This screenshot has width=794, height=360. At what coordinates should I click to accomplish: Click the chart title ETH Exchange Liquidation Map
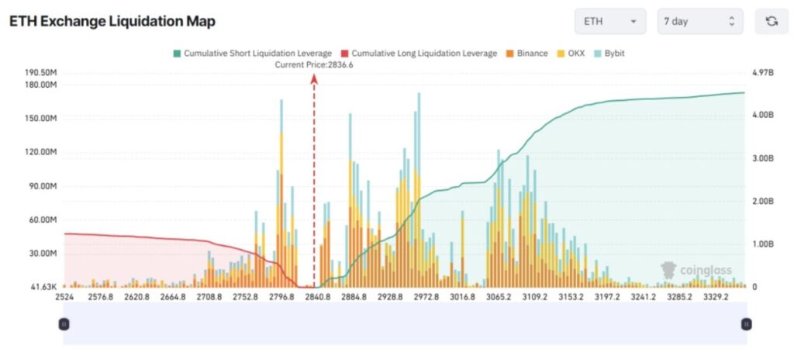(x=112, y=22)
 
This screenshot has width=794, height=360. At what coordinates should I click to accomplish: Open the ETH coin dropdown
(x=609, y=22)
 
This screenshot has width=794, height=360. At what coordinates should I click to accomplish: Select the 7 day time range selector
(x=699, y=22)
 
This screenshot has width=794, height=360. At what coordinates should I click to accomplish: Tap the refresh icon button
(x=771, y=22)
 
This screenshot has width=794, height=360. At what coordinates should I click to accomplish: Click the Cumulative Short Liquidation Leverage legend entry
(x=251, y=53)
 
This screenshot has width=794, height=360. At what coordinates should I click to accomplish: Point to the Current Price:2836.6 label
(x=314, y=64)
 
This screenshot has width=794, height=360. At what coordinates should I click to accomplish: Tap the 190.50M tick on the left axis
(x=41, y=72)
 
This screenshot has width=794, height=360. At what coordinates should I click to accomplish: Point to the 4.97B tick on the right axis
(x=764, y=72)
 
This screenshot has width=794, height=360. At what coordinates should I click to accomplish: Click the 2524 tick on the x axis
(x=64, y=296)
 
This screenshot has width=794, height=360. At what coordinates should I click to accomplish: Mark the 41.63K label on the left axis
(x=46, y=287)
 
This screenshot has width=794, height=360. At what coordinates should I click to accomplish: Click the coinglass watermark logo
(x=696, y=270)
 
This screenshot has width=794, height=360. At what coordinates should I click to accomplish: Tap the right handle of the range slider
(x=746, y=324)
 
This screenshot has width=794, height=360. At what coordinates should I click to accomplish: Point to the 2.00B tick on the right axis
(x=764, y=201)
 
